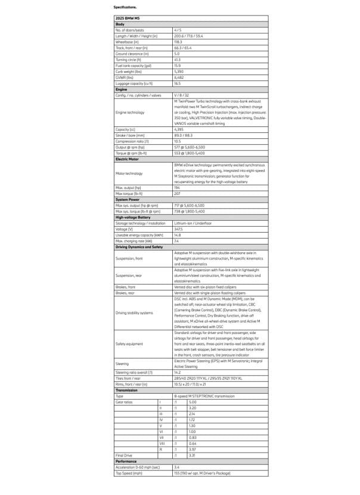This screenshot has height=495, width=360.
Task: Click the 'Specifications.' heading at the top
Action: click(x=125, y=7)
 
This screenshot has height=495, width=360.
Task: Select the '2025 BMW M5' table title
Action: click(x=128, y=18)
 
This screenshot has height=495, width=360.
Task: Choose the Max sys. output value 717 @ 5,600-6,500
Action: click(x=189, y=205)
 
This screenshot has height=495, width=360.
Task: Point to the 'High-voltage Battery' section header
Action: click(x=133, y=217)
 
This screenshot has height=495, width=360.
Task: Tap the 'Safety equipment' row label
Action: click(x=129, y=344)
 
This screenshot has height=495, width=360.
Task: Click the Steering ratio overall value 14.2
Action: click(x=178, y=372)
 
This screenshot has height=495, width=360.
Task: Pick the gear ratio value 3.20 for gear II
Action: click(x=193, y=407)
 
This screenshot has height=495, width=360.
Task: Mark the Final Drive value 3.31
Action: click(x=192, y=455)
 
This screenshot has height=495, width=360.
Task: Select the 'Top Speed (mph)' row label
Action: click(x=129, y=473)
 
